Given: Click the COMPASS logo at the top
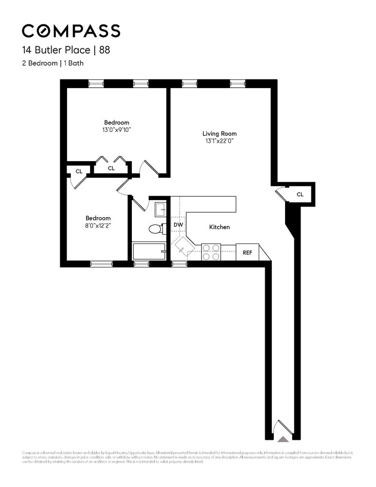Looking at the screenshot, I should (x=71, y=31).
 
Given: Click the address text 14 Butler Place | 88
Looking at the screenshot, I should (x=68, y=50).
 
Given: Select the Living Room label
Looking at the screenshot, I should (x=219, y=133).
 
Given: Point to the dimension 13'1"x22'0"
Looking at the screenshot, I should (x=219, y=141).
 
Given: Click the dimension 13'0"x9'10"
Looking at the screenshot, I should (x=117, y=130).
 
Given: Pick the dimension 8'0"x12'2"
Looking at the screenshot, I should (x=98, y=225).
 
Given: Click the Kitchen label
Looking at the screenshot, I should (x=219, y=227).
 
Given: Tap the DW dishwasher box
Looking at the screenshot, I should (x=179, y=225).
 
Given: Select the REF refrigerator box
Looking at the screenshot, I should (x=248, y=253).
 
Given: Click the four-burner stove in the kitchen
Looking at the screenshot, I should (x=212, y=252).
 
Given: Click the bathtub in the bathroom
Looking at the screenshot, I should (x=149, y=251).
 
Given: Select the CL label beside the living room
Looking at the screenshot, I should (x=300, y=194).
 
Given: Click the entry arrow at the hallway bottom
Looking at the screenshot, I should (x=283, y=438).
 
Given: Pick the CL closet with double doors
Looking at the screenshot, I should (x=111, y=168).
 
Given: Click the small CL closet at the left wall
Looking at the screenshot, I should (x=78, y=171).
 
